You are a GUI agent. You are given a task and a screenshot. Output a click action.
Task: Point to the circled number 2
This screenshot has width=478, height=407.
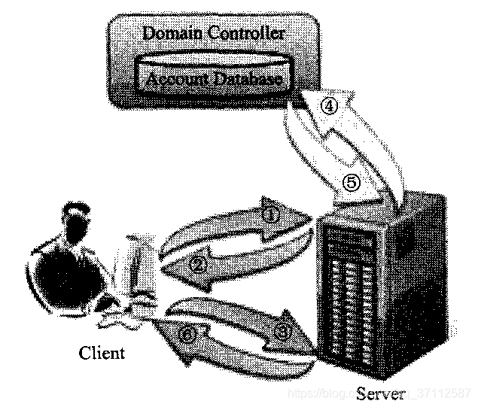(x=197, y=263)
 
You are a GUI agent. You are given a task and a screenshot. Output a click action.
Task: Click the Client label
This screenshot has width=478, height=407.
(x=102, y=353)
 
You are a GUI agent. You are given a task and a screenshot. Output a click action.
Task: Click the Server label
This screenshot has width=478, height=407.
(x=381, y=392)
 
